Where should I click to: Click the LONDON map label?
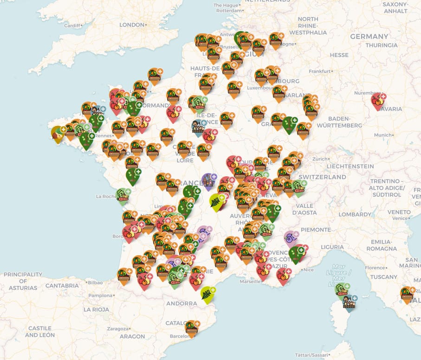132,25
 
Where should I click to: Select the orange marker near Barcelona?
191,328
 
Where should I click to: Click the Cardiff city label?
72,26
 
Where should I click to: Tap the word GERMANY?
369,36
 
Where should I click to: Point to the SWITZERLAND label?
322,177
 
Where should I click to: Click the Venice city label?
400,212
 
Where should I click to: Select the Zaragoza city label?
117,328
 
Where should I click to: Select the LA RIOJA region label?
96,309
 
